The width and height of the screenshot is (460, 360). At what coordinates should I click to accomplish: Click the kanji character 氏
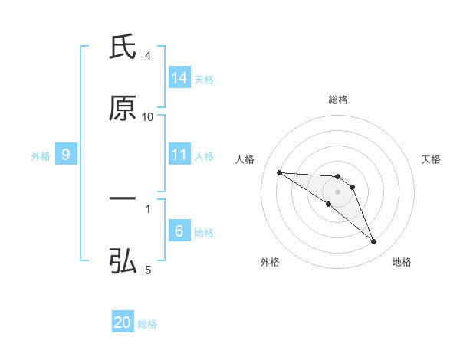point(123,47)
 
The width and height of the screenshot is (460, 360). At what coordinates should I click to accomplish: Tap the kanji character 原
point(123,109)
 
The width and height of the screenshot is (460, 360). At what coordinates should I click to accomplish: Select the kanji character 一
point(123,198)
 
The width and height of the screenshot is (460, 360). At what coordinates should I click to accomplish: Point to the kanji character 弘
point(123,261)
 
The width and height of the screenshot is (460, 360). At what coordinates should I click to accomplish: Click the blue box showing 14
point(179,78)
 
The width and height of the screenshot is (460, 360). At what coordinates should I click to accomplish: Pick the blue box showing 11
point(179,155)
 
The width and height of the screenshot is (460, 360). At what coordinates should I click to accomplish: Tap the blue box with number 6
point(179,231)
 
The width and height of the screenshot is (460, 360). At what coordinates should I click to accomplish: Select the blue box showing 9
point(66,155)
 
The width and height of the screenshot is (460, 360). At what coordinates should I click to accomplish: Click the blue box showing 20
point(123,322)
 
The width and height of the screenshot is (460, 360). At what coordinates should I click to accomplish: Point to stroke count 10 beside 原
point(148,117)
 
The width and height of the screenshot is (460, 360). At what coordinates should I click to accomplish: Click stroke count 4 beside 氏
point(148,56)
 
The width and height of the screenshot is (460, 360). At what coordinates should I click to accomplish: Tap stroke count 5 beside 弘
point(148,270)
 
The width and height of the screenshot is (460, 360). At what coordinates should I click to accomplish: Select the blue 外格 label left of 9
point(41,155)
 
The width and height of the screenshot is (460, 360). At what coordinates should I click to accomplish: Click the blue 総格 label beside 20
point(147,323)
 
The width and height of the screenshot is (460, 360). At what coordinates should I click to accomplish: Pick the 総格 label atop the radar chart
point(338,100)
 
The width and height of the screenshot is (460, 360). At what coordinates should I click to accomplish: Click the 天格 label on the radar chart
point(431,159)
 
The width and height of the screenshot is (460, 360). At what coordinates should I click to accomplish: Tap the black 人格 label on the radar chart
point(245,159)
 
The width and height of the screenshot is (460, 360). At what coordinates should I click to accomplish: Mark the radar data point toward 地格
point(374,242)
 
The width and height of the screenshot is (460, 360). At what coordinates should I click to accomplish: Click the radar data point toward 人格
point(279,172)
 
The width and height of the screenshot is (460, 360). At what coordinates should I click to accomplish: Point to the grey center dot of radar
point(338,191)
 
